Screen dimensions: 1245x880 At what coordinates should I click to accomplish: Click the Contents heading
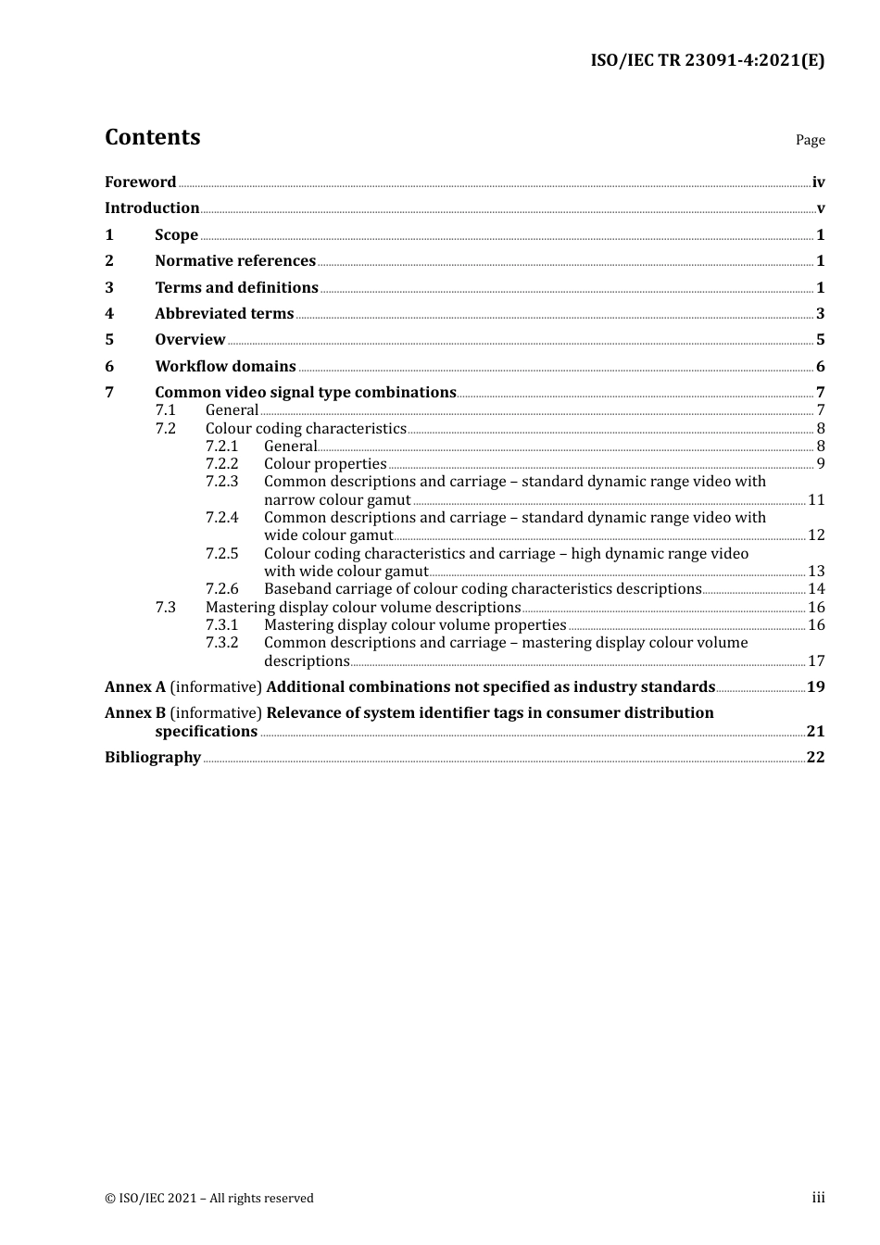pyautogui.click(x=152, y=137)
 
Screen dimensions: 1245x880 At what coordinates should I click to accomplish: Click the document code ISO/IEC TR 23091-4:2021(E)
pyautogui.click(x=707, y=60)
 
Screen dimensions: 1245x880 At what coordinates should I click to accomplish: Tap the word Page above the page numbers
pyautogui.click(x=810, y=140)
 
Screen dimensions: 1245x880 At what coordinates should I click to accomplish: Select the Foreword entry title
pyautogui.click(x=140, y=182)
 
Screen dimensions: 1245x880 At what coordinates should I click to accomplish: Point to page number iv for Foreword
pyautogui.click(x=818, y=182)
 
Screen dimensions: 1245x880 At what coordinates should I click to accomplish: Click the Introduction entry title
pyautogui.click(x=152, y=208)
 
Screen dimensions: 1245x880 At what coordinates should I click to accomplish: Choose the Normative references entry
pyautogui.click(x=235, y=261)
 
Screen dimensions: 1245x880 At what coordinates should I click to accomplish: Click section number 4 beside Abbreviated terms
pyautogui.click(x=109, y=314)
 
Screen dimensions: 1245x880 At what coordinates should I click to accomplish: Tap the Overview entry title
pyautogui.click(x=190, y=340)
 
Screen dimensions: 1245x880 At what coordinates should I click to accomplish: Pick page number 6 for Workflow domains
pyautogui.click(x=820, y=367)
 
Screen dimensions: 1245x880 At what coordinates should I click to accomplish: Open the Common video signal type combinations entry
pyautogui.click(x=306, y=393)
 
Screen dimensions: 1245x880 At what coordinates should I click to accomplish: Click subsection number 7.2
pyautogui.click(x=165, y=429)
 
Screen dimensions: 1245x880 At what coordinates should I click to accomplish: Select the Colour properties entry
pyautogui.click(x=325, y=464)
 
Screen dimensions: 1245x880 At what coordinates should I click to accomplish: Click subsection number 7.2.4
pyautogui.click(x=221, y=518)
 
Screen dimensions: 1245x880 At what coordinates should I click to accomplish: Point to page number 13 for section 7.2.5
pyautogui.click(x=816, y=572)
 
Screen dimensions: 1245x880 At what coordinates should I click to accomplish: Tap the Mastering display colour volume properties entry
pyautogui.click(x=415, y=625)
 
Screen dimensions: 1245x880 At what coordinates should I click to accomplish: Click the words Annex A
pyautogui.click(x=135, y=687)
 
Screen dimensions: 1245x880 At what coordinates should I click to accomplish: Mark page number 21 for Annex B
pyautogui.click(x=815, y=732)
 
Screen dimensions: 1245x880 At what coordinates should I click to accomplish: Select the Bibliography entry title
pyautogui.click(x=153, y=758)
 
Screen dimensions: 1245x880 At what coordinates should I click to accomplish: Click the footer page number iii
pyautogui.click(x=818, y=1198)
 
